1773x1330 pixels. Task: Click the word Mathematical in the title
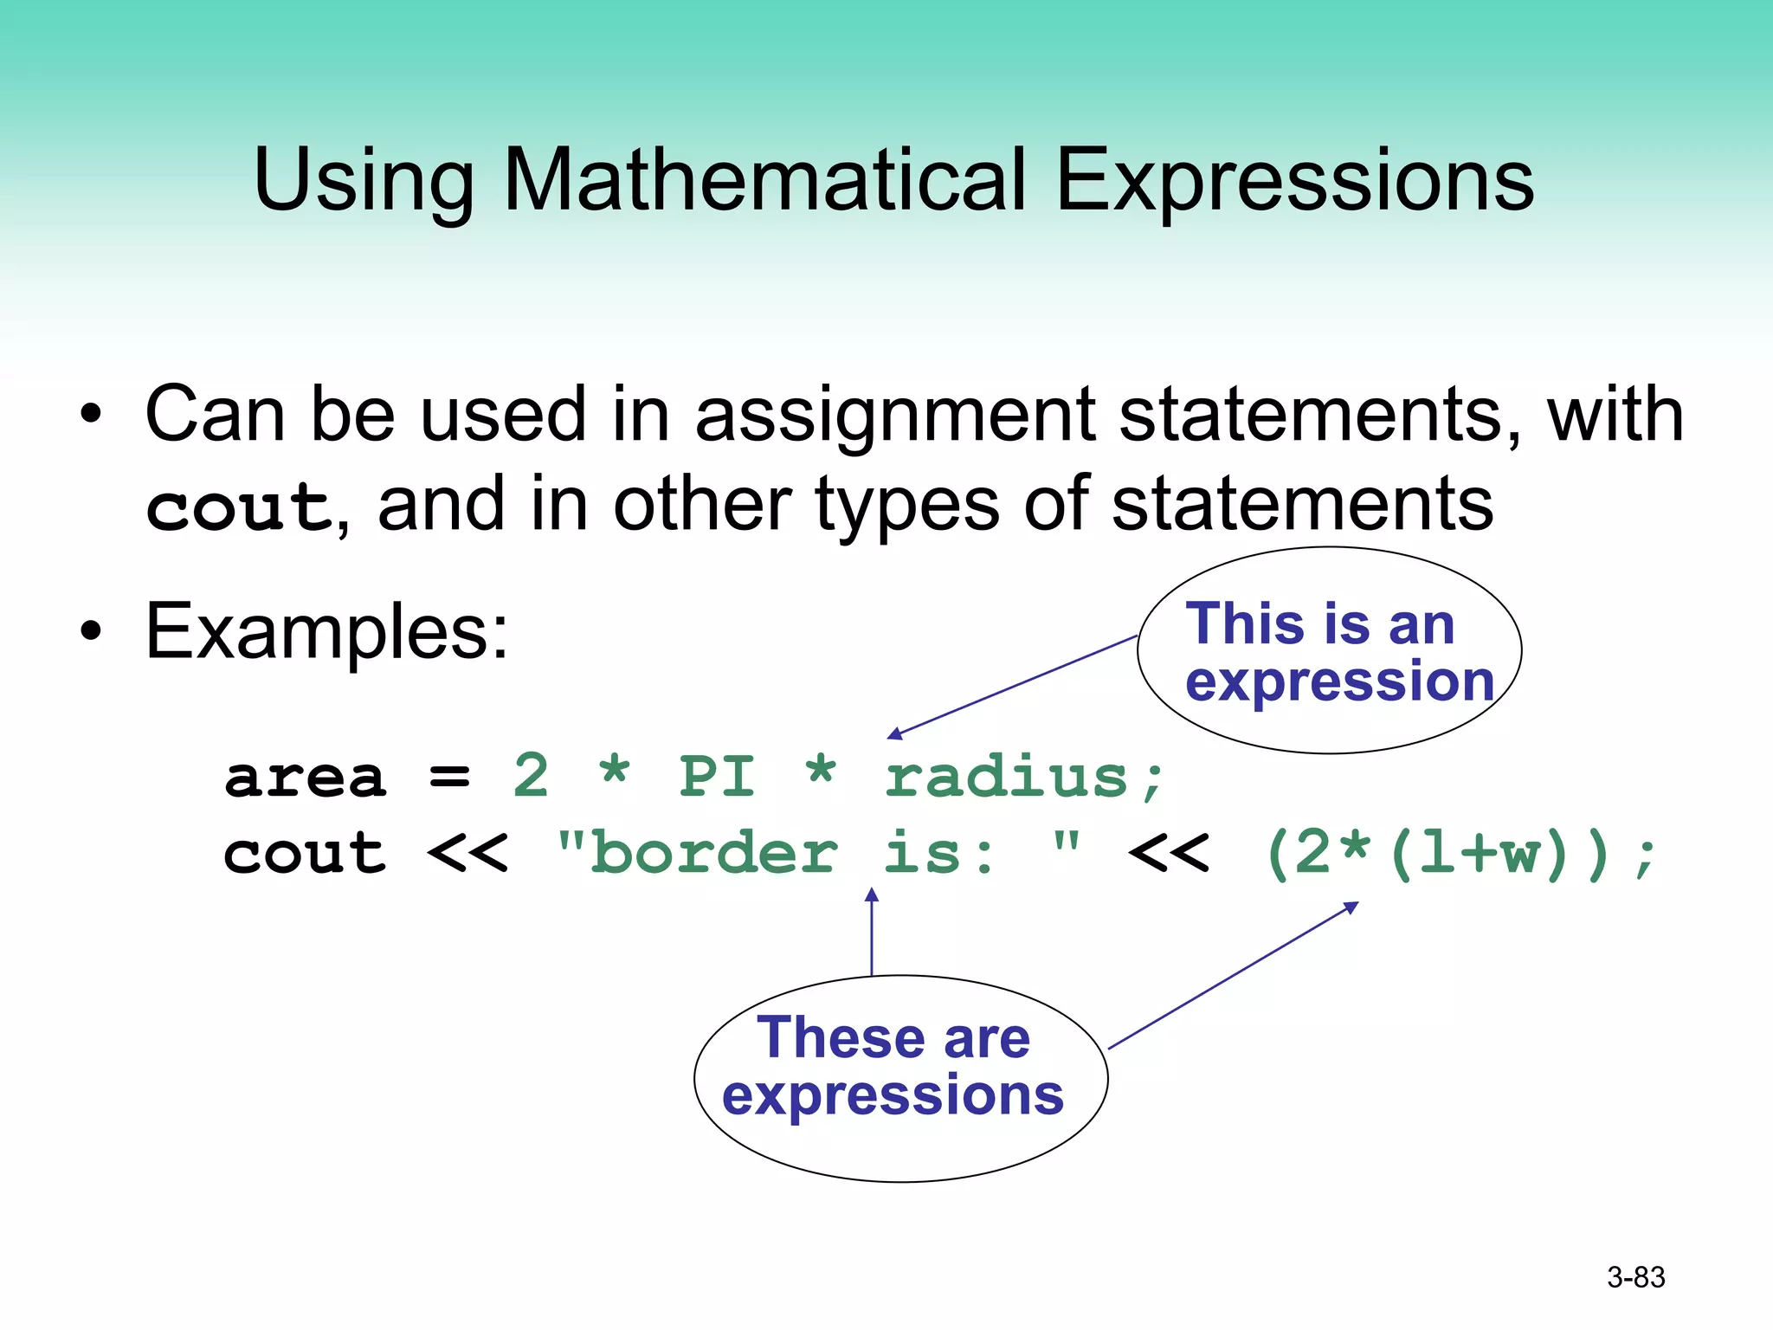(x=764, y=179)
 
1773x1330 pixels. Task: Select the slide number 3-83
(x=1635, y=1277)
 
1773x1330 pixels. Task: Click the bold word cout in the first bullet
(x=238, y=507)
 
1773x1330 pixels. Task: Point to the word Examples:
(x=327, y=633)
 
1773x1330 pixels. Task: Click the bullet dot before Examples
(x=91, y=632)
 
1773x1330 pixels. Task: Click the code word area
(x=305, y=777)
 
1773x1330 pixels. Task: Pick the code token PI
(x=718, y=777)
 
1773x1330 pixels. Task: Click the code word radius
(x=1007, y=777)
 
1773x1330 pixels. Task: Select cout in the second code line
(x=305, y=855)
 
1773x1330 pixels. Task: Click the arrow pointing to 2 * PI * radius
(x=1013, y=687)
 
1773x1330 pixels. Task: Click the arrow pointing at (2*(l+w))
(x=1234, y=976)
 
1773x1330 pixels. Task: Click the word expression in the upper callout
(x=1339, y=681)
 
